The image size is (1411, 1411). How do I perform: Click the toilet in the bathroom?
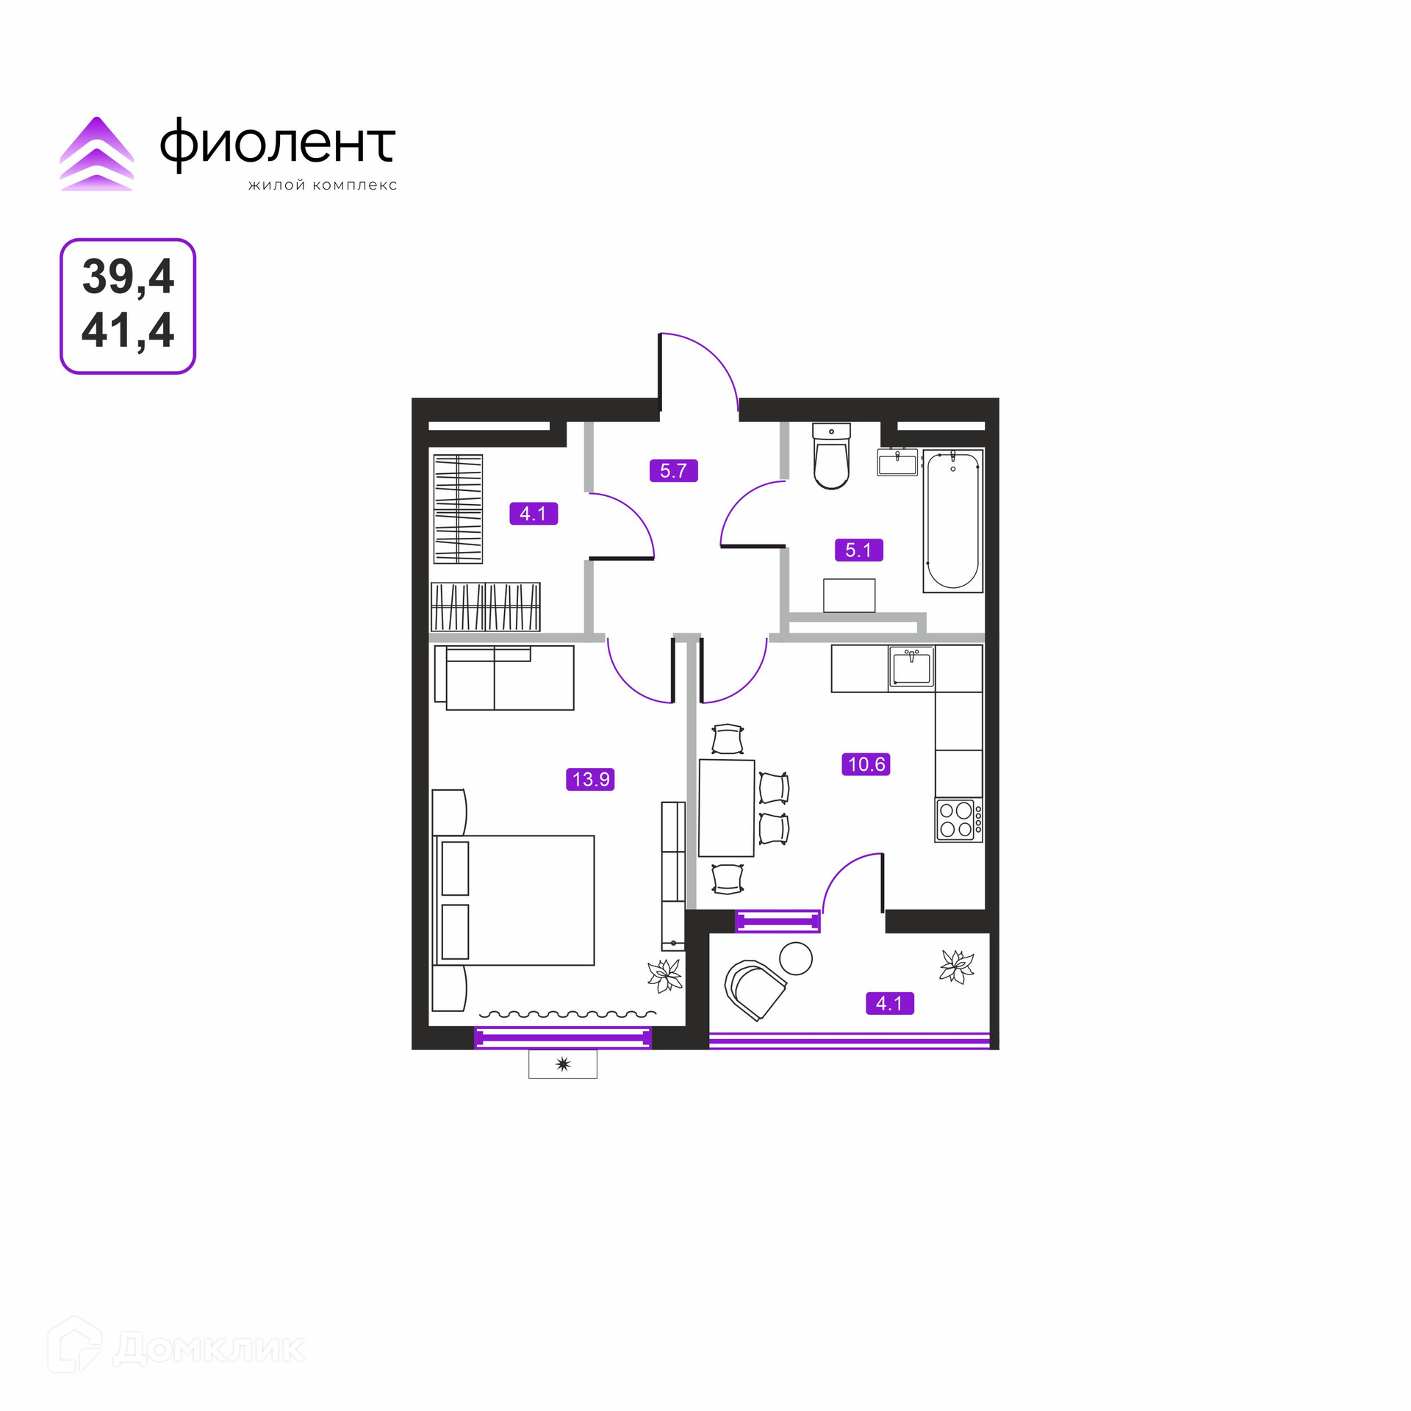(831, 456)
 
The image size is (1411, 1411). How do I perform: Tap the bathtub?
(953, 521)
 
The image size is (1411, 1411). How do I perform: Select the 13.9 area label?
(590, 779)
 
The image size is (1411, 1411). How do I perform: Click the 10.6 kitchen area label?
(866, 764)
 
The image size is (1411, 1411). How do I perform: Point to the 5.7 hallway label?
(673, 470)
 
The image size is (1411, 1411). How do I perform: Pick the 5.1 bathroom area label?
(858, 550)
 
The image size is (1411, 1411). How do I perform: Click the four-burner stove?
(958, 820)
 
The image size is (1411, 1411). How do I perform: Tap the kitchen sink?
(911, 667)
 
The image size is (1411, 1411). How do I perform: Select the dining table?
(727, 808)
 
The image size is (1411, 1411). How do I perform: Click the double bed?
(514, 900)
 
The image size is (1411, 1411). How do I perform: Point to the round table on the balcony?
(796, 958)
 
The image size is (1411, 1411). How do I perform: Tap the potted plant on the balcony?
(957, 966)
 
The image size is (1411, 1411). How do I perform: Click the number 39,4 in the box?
(128, 277)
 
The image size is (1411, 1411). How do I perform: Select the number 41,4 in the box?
(128, 330)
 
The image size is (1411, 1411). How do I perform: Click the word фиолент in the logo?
(278, 145)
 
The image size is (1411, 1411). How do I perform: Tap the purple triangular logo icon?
(97, 154)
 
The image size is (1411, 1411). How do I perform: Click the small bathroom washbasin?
(897, 462)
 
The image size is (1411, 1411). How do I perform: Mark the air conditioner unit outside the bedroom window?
(563, 1064)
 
